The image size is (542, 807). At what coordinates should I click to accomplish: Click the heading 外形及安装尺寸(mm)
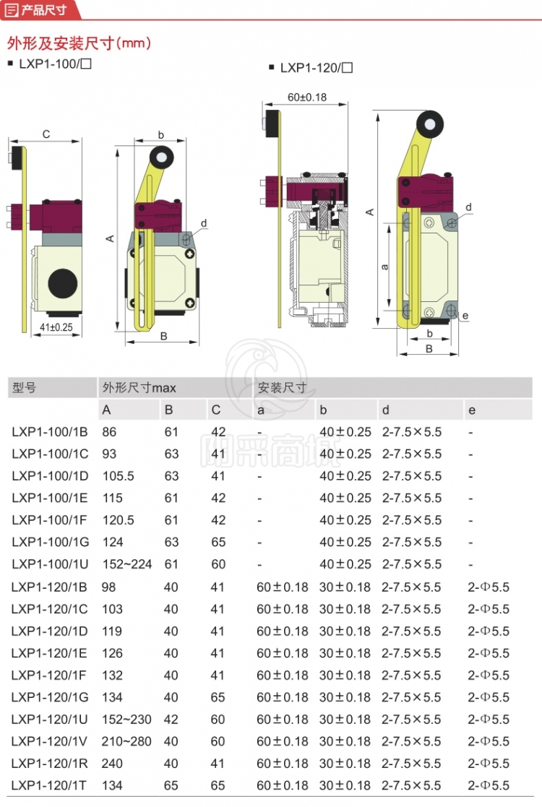point(79,43)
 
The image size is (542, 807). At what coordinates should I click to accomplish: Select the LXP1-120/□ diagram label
point(316,68)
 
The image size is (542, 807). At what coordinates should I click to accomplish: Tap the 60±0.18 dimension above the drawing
point(307,98)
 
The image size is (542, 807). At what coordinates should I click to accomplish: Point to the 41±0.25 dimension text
point(56,327)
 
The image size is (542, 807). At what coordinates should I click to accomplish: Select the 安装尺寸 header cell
point(282,388)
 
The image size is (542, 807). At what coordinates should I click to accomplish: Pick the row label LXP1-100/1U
point(50,564)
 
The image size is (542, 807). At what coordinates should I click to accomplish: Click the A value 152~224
point(127,564)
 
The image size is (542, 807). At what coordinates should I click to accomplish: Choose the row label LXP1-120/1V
point(50,741)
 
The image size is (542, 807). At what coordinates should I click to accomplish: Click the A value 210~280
point(127,741)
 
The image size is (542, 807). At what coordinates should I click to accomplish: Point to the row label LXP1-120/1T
point(50,785)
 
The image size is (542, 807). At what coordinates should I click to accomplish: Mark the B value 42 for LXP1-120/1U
point(171,720)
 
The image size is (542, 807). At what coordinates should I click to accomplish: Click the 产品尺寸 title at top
point(44,9)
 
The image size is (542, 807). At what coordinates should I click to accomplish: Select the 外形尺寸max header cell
point(139,388)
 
